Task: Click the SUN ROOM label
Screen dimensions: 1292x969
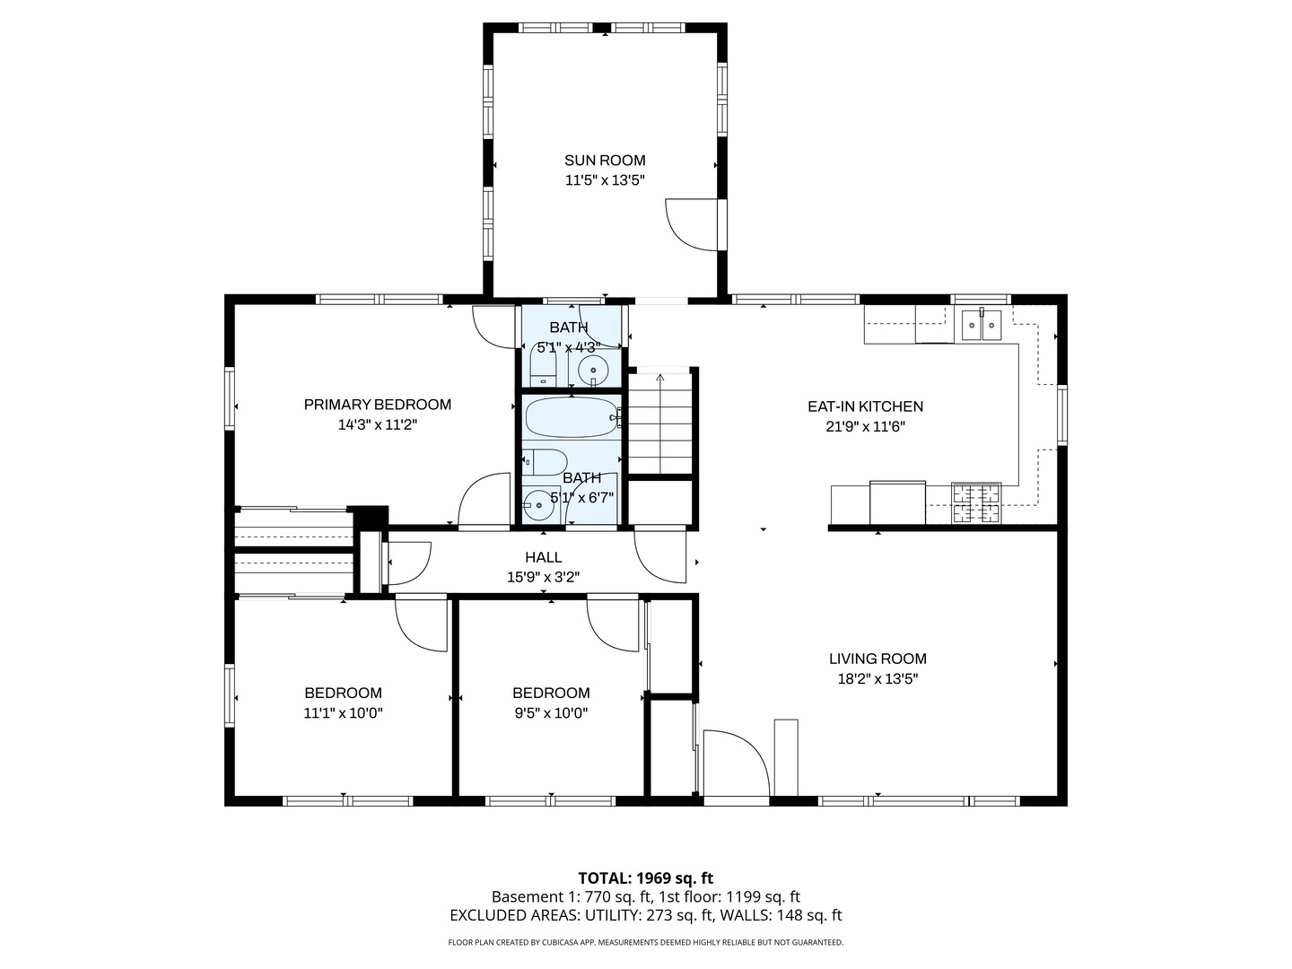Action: (605, 160)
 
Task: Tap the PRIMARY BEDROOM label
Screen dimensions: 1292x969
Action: (378, 404)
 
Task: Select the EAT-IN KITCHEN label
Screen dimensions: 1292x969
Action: (865, 406)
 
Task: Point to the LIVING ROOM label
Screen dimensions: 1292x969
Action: (877, 659)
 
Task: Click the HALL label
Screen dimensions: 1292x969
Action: (544, 556)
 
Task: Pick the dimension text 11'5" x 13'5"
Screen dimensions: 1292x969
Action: (605, 180)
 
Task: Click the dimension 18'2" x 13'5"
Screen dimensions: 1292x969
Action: (877, 679)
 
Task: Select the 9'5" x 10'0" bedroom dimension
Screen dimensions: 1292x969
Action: (551, 713)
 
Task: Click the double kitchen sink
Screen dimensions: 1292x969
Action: (982, 325)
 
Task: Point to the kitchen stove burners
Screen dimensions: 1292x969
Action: (976, 503)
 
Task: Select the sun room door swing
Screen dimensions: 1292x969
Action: (692, 224)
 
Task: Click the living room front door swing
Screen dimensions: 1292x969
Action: (737, 764)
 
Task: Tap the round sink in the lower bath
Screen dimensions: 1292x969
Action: (538, 505)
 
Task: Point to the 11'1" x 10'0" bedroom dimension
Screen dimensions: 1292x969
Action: (343, 713)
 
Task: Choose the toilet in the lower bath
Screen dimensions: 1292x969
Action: (545, 462)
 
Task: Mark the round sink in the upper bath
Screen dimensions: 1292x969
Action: (593, 371)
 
